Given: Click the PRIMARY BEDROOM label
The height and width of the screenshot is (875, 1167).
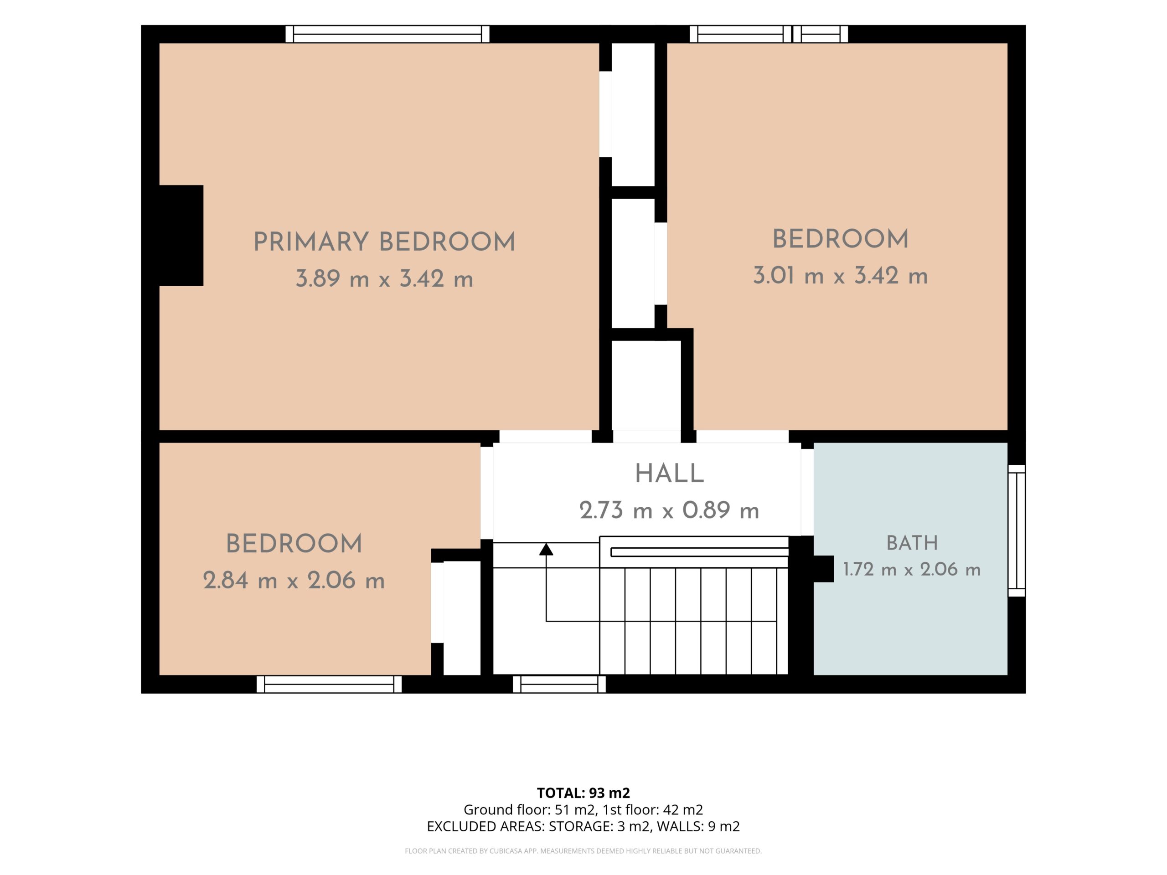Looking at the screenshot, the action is pos(384,242).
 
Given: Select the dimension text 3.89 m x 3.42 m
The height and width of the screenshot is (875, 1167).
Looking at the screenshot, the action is pos(384,278).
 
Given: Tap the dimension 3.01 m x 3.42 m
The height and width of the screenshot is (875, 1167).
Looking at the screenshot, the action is pos(840,276).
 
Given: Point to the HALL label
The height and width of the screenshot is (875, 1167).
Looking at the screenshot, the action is pos(669,474).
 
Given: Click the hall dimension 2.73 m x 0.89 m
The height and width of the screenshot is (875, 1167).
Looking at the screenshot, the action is pos(669,510).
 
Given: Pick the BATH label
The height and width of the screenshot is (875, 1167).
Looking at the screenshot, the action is pos(912,543).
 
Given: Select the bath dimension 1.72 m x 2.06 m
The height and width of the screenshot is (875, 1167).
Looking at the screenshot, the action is pos(912,570).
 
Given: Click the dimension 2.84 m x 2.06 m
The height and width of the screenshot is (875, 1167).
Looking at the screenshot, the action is pos(294,581).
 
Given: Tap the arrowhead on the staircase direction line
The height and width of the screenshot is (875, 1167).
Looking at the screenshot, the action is pos(546,550).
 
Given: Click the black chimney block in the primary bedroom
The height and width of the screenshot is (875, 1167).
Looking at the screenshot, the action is pos(181,235).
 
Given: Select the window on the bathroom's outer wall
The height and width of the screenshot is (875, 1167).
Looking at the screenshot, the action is pos(1017,530).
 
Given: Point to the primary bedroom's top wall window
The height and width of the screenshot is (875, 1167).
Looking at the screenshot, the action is pos(387,34).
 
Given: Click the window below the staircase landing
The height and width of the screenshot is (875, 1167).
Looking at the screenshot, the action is pos(559,685).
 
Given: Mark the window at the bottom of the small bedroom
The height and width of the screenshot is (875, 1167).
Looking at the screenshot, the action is pos(329,685).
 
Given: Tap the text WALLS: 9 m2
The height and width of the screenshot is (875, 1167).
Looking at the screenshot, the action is pos(698,827).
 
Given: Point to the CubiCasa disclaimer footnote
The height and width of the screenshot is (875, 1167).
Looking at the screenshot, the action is pos(583,851).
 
